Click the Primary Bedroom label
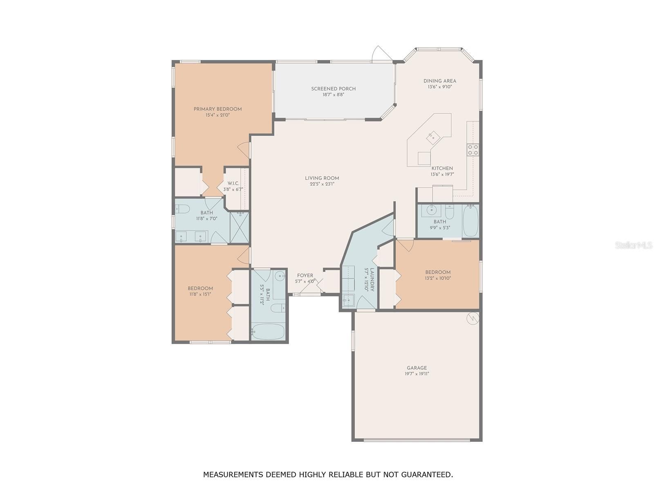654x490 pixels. pyautogui.click(x=217, y=109)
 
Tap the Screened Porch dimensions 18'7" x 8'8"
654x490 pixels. pyautogui.click(x=333, y=95)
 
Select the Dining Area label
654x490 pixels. pyautogui.click(x=440, y=81)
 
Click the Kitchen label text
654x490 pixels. pyautogui.click(x=442, y=168)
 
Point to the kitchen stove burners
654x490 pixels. pyautogui.click(x=473, y=149)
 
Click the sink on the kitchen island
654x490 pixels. pyautogui.click(x=432, y=138)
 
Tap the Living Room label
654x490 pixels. pyautogui.click(x=322, y=178)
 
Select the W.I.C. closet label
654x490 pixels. pyautogui.click(x=233, y=183)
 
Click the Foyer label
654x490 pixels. pyautogui.click(x=305, y=276)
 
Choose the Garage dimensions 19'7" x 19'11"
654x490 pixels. pyautogui.click(x=417, y=374)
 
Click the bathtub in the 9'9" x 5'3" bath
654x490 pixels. pyautogui.click(x=470, y=221)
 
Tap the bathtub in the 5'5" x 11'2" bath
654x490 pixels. pyautogui.click(x=268, y=331)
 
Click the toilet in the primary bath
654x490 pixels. pyautogui.click(x=181, y=209)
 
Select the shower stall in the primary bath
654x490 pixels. pyautogui.click(x=240, y=227)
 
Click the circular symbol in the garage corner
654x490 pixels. pyautogui.click(x=473, y=318)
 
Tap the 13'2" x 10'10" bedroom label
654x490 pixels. pyautogui.click(x=438, y=272)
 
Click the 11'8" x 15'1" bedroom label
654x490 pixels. pyautogui.click(x=200, y=288)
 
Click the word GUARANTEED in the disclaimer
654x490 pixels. pyautogui.click(x=426, y=474)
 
